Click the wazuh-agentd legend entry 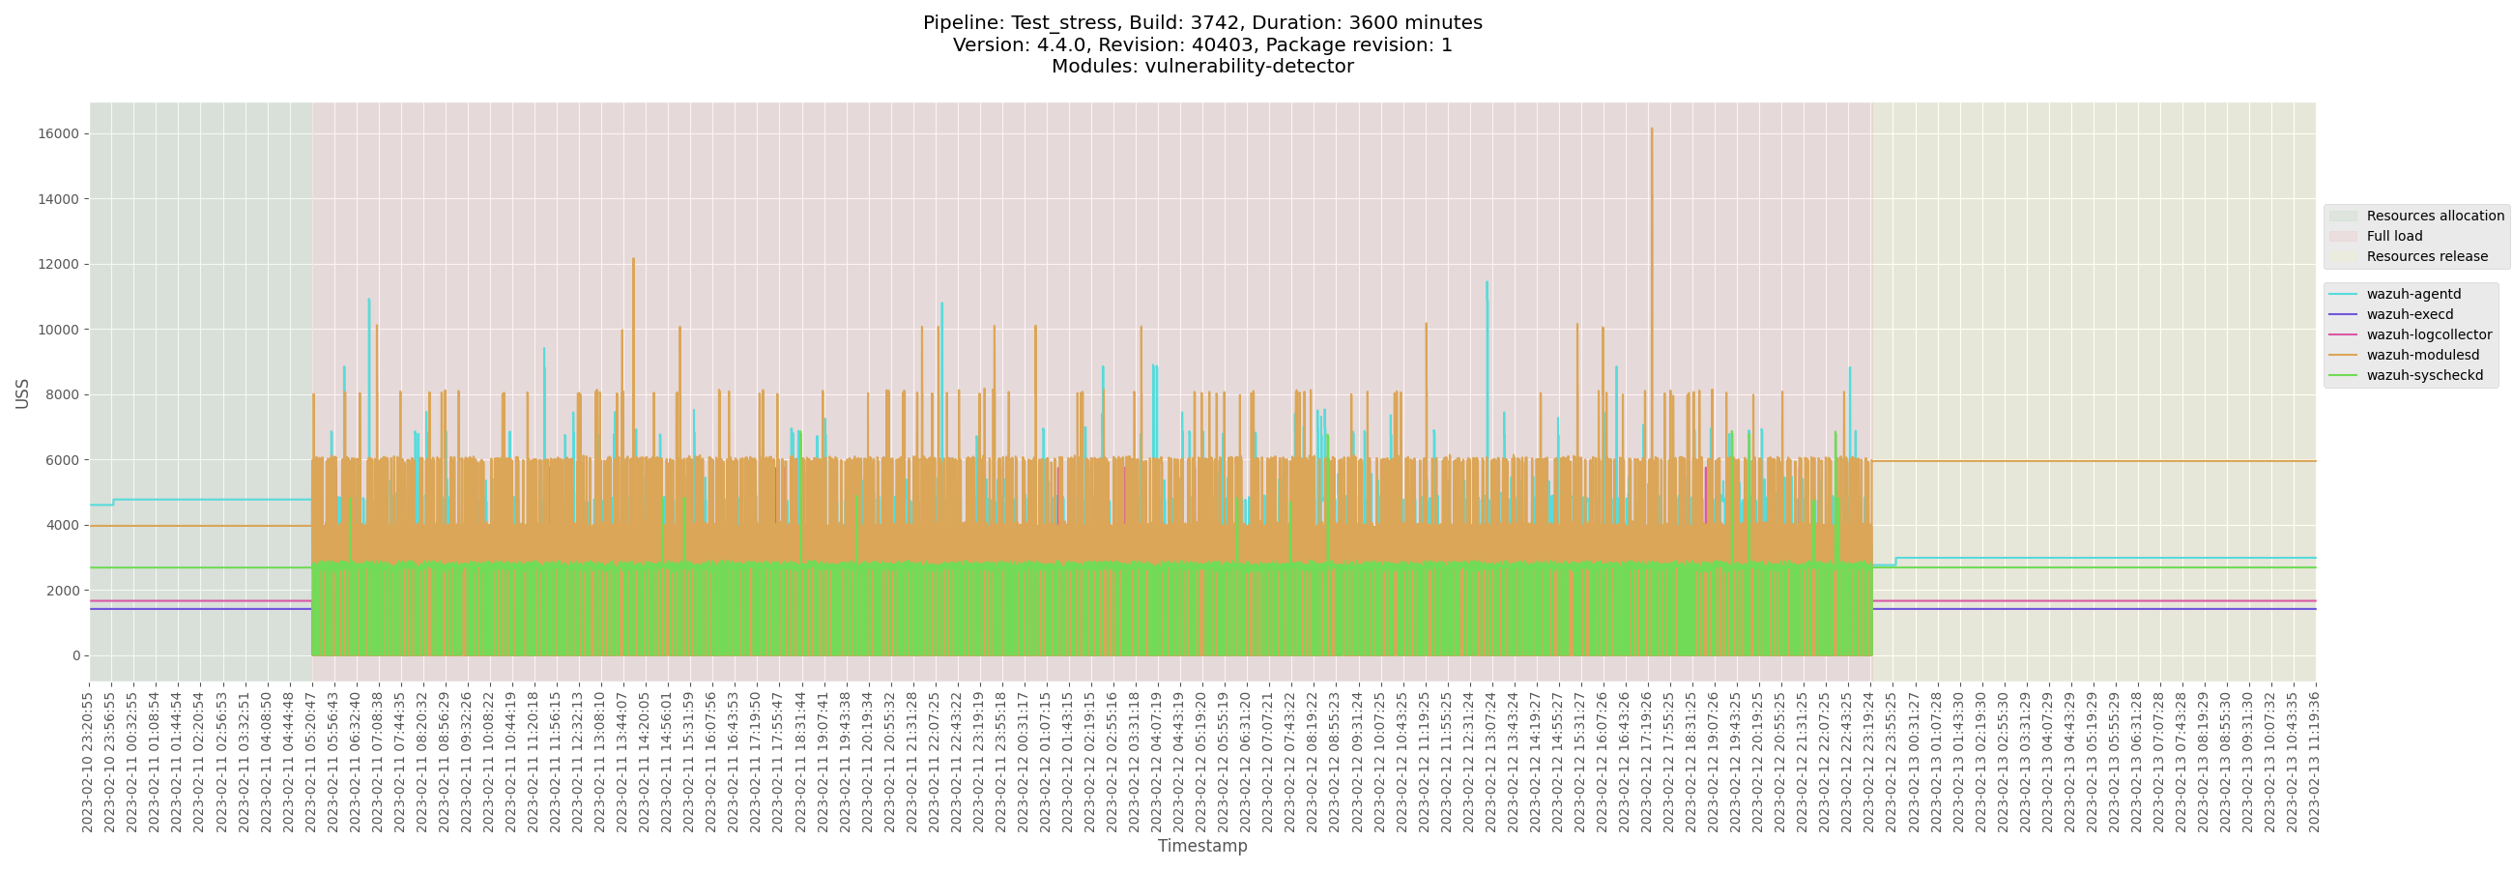tap(2412, 294)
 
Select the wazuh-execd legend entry tap(2409, 314)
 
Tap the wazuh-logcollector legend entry tap(2428, 334)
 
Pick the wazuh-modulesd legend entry tap(2421, 355)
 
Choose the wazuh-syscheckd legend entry tap(2423, 375)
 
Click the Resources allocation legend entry tap(2434, 216)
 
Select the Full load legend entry tap(2393, 236)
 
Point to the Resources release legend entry tap(2426, 256)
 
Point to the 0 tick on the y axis tap(75, 655)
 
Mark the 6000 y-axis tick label tap(64, 460)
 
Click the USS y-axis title tap(22, 393)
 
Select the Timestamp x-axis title tap(1201, 846)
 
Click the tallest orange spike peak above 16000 tap(1652, 129)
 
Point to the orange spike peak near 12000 tap(633, 259)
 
